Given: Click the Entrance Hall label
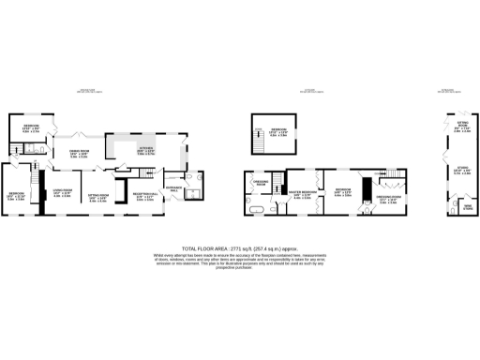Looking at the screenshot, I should tap(175, 187).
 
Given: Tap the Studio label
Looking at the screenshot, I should tap(460, 171).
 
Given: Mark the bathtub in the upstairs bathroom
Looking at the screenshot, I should tap(255, 202).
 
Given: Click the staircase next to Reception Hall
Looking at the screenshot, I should tap(143, 172).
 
